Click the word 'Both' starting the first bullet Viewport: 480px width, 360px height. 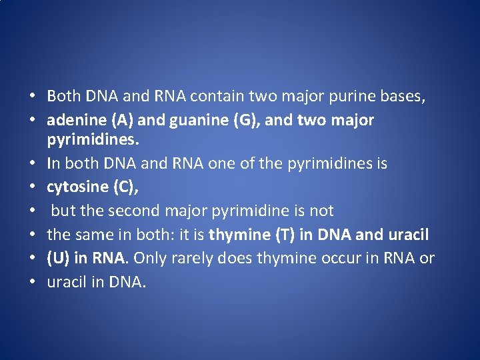click(x=64, y=97)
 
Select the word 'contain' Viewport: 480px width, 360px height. click(x=213, y=97)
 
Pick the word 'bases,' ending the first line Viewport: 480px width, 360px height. click(x=403, y=97)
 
